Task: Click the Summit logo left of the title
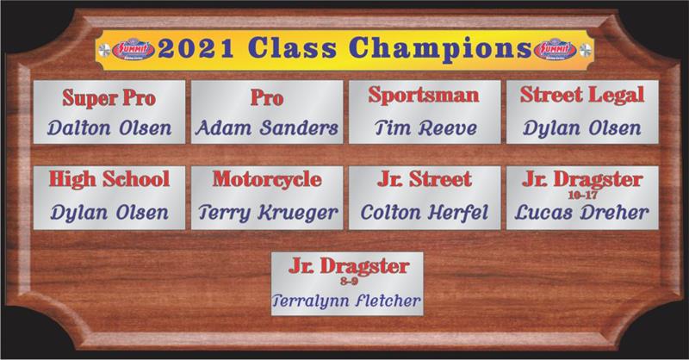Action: coord(133,50)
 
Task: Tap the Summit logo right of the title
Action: coord(555,50)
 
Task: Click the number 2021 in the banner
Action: coord(196,48)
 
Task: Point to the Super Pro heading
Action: coord(109,97)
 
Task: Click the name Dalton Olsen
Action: coord(109,128)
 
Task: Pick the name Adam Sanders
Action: coord(267,128)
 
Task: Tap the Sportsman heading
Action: coord(424,96)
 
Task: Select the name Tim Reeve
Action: coord(425,128)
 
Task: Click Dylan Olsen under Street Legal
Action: coord(582,129)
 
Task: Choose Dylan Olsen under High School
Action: coord(109,214)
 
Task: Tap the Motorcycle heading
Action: coord(267,180)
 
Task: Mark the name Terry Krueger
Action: coord(268,214)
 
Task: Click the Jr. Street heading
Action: coord(424,179)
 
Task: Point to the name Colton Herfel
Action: coord(424,213)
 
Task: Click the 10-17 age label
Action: coord(582,195)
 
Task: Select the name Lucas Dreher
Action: coord(582,213)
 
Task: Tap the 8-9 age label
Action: coord(350,281)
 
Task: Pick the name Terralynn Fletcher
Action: coord(346,301)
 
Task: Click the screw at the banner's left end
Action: coord(104,50)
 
